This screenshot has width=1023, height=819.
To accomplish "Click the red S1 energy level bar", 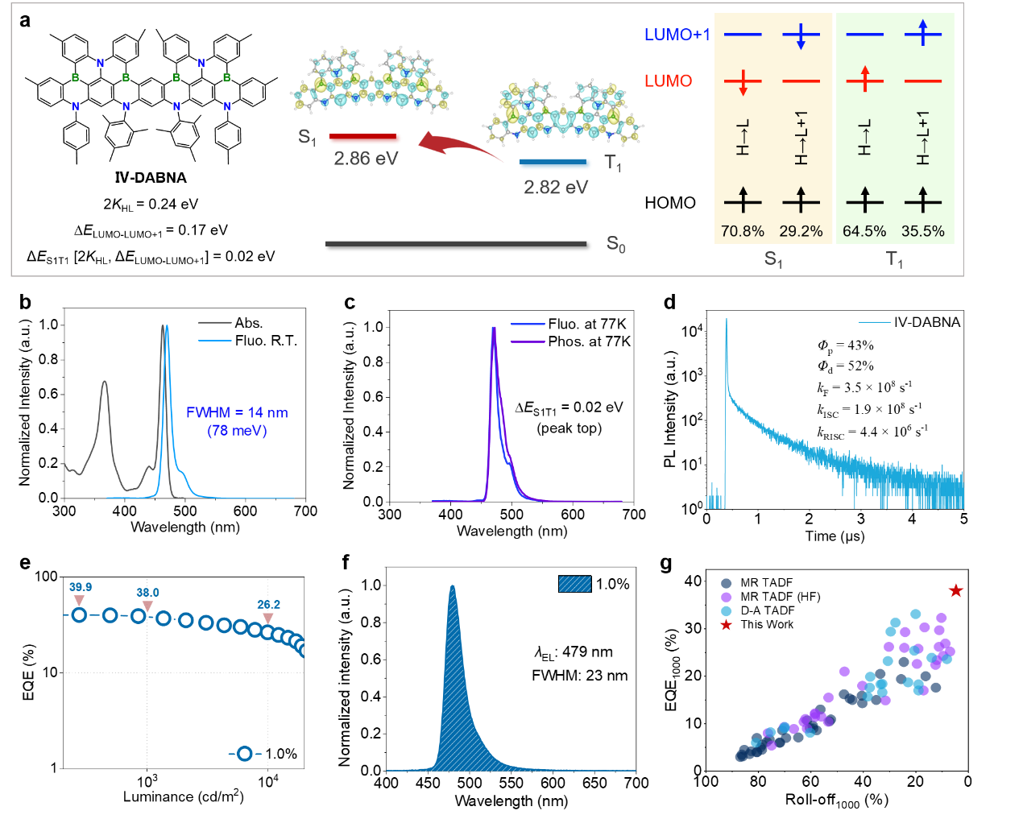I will pos(365,139).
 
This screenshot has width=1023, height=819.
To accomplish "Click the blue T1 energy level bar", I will pos(555,164).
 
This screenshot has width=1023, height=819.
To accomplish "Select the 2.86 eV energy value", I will pos(366,159).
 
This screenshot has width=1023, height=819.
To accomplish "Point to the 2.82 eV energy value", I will pos(556,188).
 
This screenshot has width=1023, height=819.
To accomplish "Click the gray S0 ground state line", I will pos(456,243).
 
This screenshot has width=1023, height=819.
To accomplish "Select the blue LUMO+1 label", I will pos(677,35).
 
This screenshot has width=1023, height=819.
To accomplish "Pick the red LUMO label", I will pos(668,81).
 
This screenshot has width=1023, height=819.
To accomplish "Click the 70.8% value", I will pos(742,231).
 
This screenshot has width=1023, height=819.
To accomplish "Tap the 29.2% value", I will pos(801,231).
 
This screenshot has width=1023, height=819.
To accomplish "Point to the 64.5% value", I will pos(864,231).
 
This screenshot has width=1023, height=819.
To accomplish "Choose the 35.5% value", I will pos(923,231).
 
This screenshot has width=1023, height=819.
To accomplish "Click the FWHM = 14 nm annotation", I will pos(237,413).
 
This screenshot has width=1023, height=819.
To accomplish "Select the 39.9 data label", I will pos(81,587).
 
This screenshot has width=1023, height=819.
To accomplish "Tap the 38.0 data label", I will pos(147,593).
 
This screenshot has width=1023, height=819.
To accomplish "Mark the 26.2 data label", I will pos(269,605).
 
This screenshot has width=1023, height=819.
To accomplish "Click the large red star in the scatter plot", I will pos(955,591).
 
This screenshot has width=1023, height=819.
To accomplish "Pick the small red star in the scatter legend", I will pos(726,625).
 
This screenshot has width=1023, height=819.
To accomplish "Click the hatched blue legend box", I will pos(574,584).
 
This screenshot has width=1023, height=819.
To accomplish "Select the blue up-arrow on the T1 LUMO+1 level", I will pos(923,32).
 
